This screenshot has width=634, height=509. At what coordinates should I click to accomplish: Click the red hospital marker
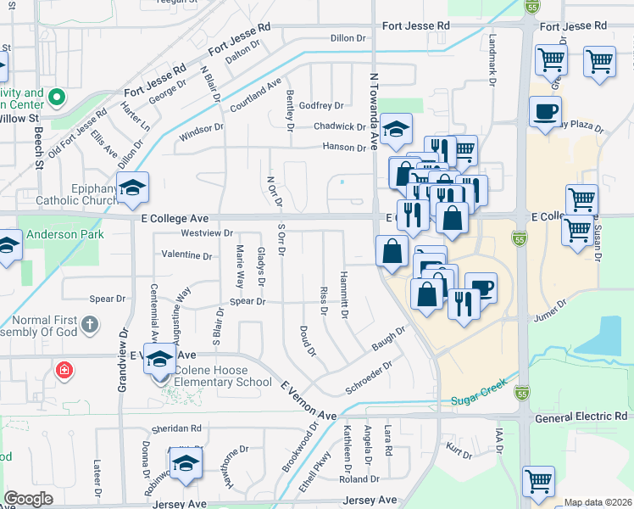[x=64, y=371]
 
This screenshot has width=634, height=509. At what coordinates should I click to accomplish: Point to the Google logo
[x=28, y=499]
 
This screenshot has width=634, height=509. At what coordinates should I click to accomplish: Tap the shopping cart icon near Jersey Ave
[x=538, y=481]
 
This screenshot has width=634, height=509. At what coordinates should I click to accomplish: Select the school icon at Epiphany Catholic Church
[x=132, y=188]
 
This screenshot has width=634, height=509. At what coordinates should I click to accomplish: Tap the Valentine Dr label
[x=186, y=255]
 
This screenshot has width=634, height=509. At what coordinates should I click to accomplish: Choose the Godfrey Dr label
[x=321, y=106]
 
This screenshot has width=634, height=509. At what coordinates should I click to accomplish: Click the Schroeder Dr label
[x=369, y=379]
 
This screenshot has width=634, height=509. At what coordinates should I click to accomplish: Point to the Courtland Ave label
[x=254, y=97]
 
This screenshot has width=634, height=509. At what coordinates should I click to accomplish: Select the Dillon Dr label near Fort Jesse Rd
[x=348, y=38]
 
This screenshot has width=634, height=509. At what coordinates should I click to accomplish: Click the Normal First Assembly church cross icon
[x=89, y=323]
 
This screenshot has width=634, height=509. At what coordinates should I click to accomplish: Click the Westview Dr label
[x=207, y=232]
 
